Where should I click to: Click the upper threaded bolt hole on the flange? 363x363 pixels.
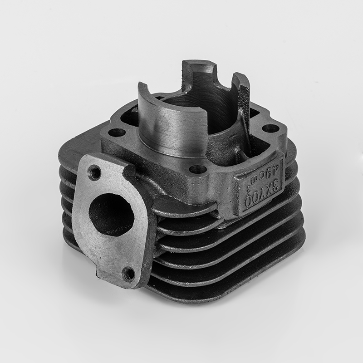(95, 172)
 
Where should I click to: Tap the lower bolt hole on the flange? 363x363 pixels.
(129, 273)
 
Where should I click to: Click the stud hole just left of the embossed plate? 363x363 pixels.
(197, 170)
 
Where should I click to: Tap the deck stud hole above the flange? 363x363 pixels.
(118, 132)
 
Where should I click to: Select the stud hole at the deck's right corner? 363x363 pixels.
(270, 128)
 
